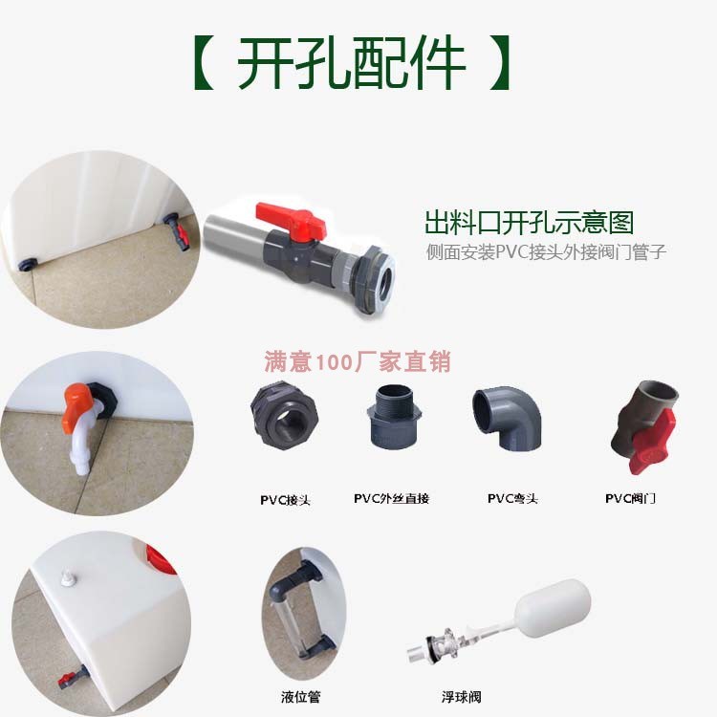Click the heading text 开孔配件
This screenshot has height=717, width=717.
351,62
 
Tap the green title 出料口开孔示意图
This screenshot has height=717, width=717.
529,222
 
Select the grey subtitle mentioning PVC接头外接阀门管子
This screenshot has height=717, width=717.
546,252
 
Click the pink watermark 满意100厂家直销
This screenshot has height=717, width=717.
358,361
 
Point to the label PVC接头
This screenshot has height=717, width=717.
285,500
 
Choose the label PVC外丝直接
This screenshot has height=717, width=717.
391,498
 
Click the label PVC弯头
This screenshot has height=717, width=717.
512,498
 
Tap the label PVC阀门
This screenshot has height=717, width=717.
630,498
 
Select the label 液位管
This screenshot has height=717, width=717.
300,697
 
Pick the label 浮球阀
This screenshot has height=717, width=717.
461,697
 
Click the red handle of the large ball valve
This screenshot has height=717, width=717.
291,220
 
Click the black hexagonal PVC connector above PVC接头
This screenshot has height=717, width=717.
285,416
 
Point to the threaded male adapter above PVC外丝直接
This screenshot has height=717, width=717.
395,417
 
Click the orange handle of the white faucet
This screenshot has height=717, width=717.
76,406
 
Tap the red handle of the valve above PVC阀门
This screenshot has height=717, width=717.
651,442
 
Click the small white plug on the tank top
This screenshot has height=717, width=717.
68,577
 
